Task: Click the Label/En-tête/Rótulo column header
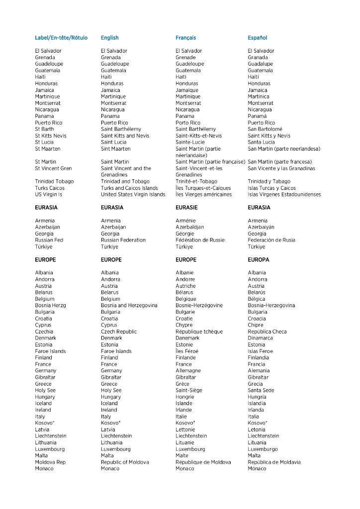[x=61, y=38]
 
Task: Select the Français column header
[x=185, y=38]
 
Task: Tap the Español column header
[x=257, y=38]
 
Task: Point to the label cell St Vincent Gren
[x=53, y=169]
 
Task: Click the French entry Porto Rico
[x=187, y=123]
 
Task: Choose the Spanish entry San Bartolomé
[x=265, y=129]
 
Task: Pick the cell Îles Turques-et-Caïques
[x=203, y=188]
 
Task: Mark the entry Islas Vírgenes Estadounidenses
[x=284, y=195]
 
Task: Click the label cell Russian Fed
[x=49, y=240]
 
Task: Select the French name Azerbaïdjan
[x=189, y=227]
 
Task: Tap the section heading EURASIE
[x=186, y=208]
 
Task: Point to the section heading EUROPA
[x=258, y=260]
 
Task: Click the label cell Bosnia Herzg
[x=50, y=306]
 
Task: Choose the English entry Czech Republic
[x=118, y=332]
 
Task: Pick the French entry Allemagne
[x=188, y=371]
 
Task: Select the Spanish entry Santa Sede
[x=261, y=391]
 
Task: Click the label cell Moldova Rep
[x=50, y=462]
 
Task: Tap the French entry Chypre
[x=184, y=325]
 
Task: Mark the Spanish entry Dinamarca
[x=260, y=338]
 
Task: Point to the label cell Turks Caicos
[x=50, y=188]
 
